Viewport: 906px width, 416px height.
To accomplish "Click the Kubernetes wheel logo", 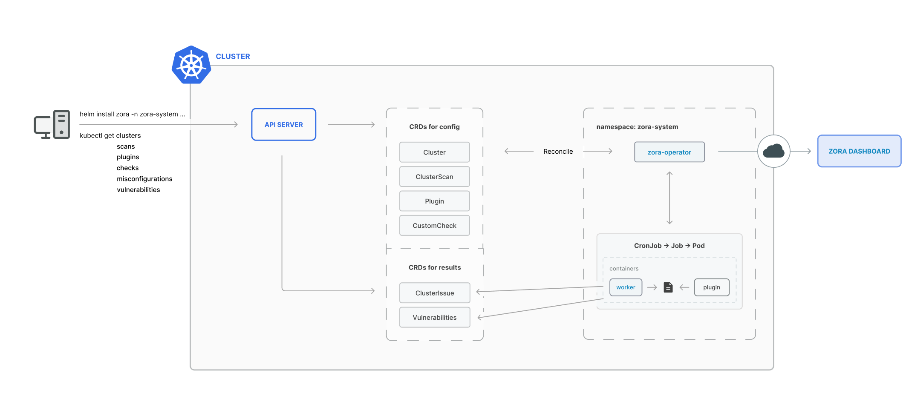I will (x=191, y=66).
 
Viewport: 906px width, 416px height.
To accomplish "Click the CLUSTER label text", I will (x=233, y=57).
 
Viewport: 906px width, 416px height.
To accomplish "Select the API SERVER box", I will (x=283, y=124).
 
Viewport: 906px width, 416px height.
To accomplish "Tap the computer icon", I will (x=52, y=124).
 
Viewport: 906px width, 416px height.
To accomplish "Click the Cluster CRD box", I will (x=434, y=152).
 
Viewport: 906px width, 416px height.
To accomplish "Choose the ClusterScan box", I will (x=434, y=177).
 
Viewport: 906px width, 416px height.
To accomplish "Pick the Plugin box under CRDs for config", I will (x=434, y=201).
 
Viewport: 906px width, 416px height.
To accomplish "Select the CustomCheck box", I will (x=434, y=226).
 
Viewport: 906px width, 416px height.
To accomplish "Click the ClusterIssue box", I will (x=435, y=293).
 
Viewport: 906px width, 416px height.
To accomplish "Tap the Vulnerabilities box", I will (x=435, y=317).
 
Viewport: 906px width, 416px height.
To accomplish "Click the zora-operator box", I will (x=669, y=152).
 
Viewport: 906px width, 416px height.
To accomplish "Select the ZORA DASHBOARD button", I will (x=859, y=151).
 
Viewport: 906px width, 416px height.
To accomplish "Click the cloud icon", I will (x=773, y=151).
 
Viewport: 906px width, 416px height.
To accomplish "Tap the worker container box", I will (x=626, y=287).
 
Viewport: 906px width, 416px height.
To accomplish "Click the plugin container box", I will (x=711, y=287).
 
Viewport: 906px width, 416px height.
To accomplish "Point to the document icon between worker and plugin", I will (x=668, y=287).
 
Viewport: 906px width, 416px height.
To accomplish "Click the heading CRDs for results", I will (x=435, y=267).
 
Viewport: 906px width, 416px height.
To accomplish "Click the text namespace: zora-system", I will (x=637, y=127).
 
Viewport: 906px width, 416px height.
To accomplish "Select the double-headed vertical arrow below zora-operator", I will (x=669, y=198).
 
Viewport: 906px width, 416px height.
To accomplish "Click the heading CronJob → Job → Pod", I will (x=669, y=246).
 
